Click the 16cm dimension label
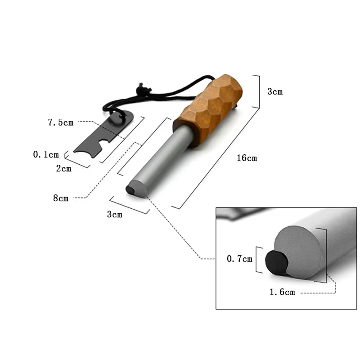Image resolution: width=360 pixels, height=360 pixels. pyautogui.click(x=247, y=158)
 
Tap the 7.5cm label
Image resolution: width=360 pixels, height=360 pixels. pyautogui.click(x=60, y=122)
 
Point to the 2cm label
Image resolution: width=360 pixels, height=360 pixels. pyautogui.click(x=63, y=169)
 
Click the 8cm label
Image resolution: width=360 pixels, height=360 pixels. pyautogui.click(x=61, y=198)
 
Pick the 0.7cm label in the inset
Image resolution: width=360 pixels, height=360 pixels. pyautogui.click(x=238, y=259)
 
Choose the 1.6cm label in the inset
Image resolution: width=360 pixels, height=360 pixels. pyautogui.click(x=282, y=292)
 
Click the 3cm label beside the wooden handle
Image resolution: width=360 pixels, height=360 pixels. pyautogui.click(x=275, y=91)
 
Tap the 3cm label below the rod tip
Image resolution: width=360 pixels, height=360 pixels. pyautogui.click(x=114, y=215)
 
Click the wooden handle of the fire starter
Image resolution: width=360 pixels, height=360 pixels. pyautogui.click(x=209, y=108)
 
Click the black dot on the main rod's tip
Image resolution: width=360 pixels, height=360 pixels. pyautogui.click(x=130, y=190)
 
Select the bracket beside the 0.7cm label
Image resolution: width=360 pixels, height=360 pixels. pyautogui.click(x=258, y=259)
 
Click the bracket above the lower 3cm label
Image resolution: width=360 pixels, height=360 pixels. pyautogui.click(x=130, y=205)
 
